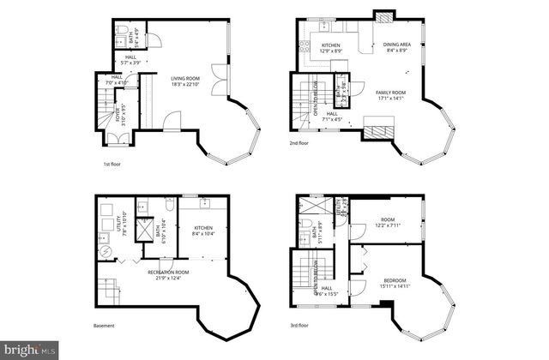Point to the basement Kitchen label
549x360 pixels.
click(202, 227)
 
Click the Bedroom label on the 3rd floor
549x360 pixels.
click(395, 280)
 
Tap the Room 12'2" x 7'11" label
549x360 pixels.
click(388, 223)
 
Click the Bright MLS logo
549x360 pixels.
click(29, 350)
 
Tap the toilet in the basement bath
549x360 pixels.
click(169, 207)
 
